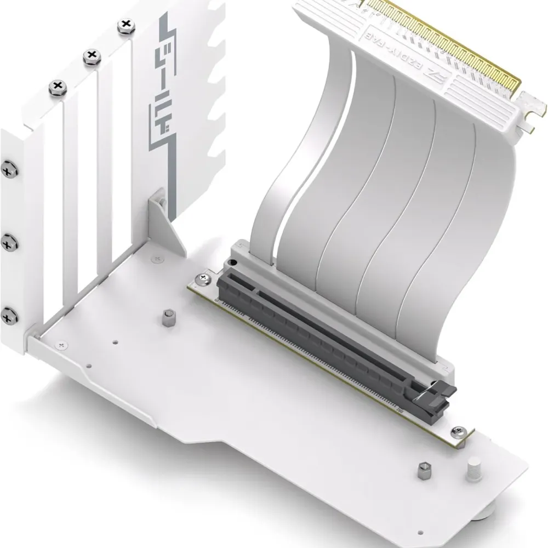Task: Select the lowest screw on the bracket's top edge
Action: [x=57, y=87]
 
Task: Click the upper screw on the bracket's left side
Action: [x=8, y=169]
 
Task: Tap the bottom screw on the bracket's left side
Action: [x=8, y=315]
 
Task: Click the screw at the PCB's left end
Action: [x=204, y=279]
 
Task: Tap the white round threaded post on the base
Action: [x=472, y=470]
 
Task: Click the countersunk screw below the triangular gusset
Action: [x=158, y=257]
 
